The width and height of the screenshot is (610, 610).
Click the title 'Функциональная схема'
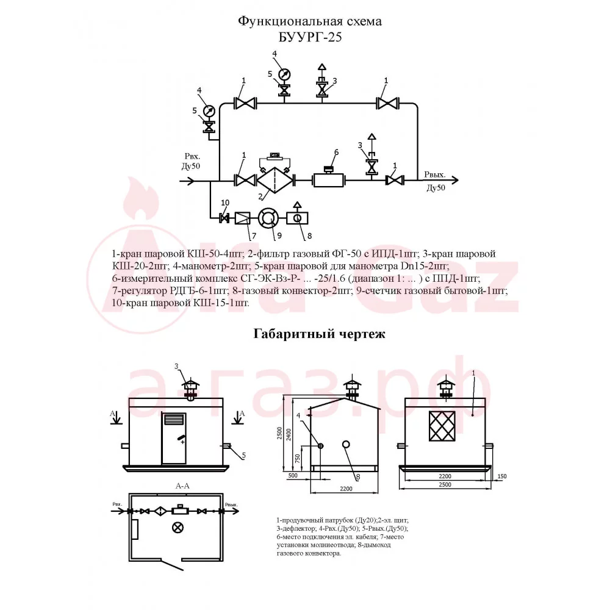[x=310, y=21]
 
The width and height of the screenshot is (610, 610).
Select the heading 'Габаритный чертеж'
[x=319, y=334]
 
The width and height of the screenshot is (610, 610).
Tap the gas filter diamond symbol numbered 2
[x=274, y=180]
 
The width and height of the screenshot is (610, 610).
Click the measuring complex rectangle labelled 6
[x=329, y=180]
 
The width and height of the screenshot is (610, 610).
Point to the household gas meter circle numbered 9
[x=268, y=218]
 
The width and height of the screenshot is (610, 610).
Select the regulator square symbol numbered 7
[x=242, y=218]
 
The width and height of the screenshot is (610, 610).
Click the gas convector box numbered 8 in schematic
[x=297, y=218]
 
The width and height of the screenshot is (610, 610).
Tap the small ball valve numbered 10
[x=224, y=218]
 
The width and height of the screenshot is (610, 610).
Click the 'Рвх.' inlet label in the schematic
[x=192, y=156]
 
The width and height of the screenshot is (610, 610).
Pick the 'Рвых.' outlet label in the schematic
[x=434, y=175]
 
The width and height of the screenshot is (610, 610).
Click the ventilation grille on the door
[x=173, y=420]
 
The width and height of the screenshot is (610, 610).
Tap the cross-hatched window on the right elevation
[x=442, y=426]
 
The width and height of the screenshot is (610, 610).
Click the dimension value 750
[x=298, y=460]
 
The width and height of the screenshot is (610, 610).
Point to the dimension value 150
[x=502, y=476]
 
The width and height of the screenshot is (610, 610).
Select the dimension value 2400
[x=289, y=434]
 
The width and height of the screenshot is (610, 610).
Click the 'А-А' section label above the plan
[x=182, y=486]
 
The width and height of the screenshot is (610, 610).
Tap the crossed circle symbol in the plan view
[x=178, y=528]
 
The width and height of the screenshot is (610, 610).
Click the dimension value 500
[x=293, y=475]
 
